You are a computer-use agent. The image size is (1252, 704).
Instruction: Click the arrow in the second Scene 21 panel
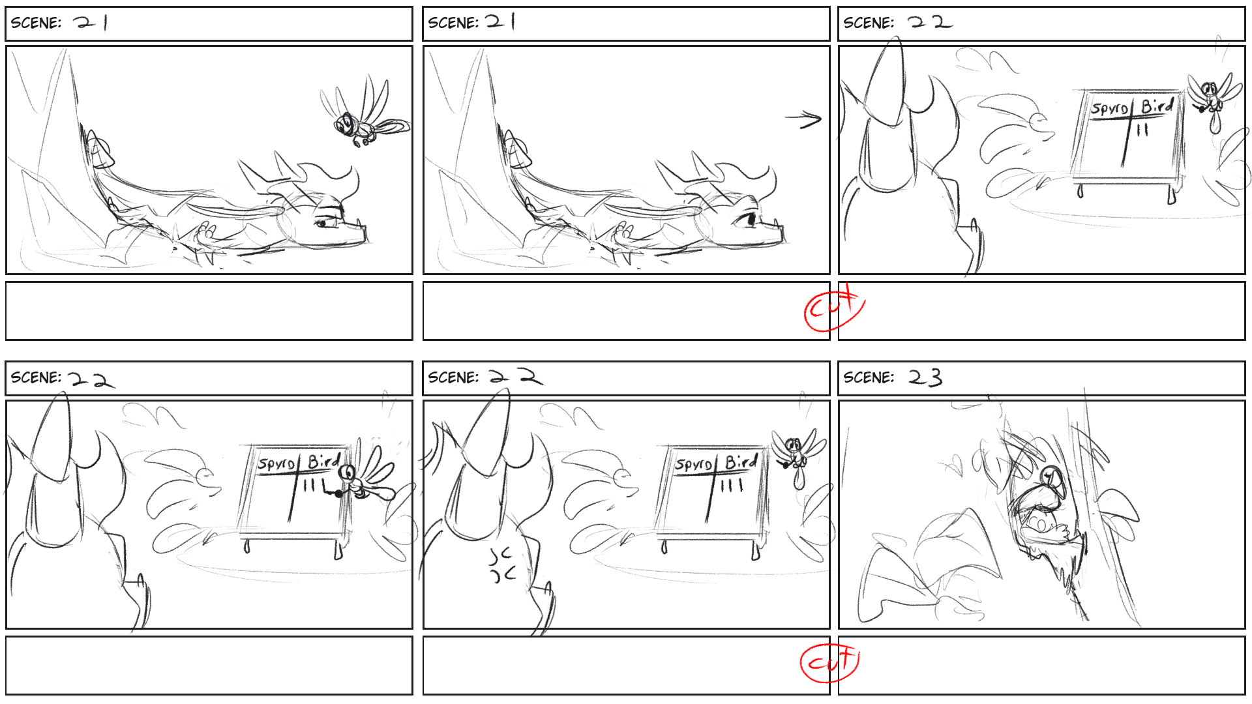803,119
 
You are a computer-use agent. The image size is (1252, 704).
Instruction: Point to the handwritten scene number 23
925,377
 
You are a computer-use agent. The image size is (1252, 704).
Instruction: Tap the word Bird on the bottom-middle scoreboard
741,461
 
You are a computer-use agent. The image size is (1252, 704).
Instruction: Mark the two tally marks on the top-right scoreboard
1142,130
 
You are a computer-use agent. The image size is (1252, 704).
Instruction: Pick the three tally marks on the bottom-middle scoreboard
731,485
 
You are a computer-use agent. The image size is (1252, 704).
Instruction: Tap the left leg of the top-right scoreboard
1080,190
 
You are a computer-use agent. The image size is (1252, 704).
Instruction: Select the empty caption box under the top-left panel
209,311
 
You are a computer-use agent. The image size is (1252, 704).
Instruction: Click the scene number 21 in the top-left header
91,23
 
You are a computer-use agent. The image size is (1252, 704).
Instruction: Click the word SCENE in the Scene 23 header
868,377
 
